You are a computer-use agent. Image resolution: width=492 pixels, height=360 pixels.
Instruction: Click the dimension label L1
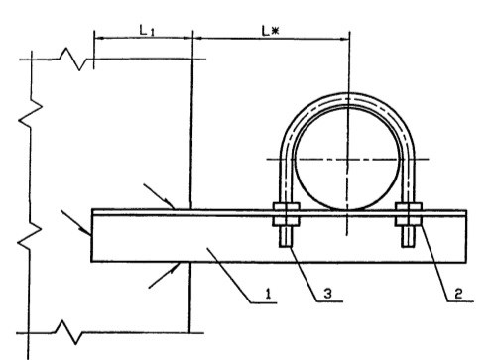(x=147, y=31)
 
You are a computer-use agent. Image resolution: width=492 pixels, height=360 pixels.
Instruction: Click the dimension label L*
(x=270, y=31)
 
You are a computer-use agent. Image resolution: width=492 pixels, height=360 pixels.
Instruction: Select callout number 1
(x=269, y=293)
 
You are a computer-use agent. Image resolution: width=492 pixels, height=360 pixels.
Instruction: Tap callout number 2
(x=458, y=293)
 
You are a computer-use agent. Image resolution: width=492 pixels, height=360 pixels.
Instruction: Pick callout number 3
(x=327, y=293)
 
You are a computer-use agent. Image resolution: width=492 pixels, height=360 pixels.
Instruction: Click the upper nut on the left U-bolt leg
(x=287, y=206)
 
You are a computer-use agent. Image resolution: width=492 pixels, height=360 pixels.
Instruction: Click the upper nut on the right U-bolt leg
(x=409, y=206)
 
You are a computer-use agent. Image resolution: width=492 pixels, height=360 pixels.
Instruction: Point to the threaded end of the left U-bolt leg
(x=286, y=236)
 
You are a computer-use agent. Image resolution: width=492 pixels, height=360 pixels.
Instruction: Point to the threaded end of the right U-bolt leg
(x=408, y=236)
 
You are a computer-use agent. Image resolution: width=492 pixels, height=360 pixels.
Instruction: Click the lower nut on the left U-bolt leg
(x=287, y=221)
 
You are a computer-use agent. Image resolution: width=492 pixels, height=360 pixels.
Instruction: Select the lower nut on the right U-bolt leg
(x=409, y=221)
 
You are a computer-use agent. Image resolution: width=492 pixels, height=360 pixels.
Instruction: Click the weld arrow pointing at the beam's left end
(x=76, y=223)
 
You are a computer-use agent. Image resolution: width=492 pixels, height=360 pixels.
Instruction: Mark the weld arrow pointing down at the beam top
(x=160, y=196)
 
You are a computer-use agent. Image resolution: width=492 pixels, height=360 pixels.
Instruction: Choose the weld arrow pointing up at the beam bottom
(x=165, y=275)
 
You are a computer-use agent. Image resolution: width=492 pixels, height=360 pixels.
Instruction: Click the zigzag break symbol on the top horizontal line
(x=73, y=60)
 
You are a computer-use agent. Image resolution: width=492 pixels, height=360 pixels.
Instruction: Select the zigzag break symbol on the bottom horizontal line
(x=68, y=332)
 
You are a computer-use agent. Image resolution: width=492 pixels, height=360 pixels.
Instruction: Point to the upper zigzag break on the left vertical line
(x=31, y=112)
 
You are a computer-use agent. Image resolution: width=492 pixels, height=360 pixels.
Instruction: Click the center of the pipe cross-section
(x=347, y=159)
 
